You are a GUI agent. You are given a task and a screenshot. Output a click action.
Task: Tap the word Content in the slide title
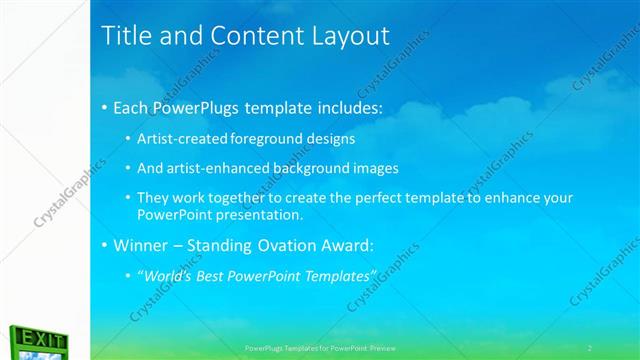pos(248,36)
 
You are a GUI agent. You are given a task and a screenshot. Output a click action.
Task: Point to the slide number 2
pos(590,347)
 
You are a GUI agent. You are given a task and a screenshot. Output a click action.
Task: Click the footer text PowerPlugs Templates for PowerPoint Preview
pos(321,347)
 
